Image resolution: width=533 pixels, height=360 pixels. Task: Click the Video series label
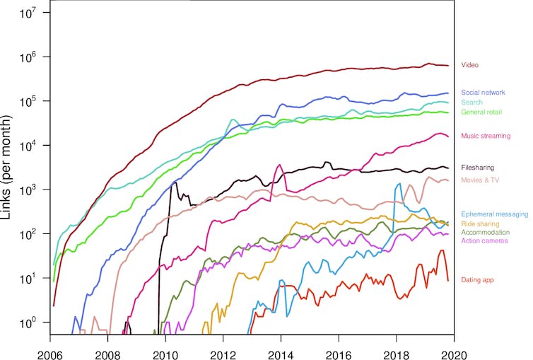(x=470, y=65)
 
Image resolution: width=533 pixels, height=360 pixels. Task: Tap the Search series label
(x=471, y=103)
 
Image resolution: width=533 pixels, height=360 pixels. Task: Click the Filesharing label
(x=477, y=168)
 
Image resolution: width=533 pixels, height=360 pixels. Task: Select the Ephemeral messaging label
(x=494, y=214)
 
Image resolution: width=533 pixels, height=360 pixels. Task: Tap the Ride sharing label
(x=480, y=223)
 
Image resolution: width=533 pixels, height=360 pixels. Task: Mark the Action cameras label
(x=484, y=240)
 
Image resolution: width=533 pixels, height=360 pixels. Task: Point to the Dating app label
(x=477, y=280)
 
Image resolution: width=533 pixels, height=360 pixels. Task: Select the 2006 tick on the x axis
(x=50, y=351)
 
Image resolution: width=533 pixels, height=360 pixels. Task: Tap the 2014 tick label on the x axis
(x=281, y=351)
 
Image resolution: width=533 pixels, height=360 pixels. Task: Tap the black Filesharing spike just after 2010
(x=172, y=182)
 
